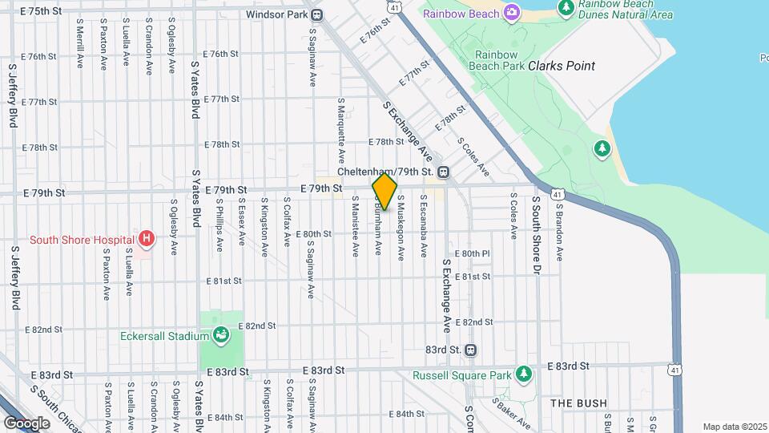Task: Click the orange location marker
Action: (x=385, y=192)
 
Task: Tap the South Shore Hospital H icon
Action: (x=145, y=238)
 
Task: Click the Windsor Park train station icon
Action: (x=317, y=14)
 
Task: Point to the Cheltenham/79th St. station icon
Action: (x=443, y=172)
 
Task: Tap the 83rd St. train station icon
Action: (x=470, y=350)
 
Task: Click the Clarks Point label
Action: (x=562, y=66)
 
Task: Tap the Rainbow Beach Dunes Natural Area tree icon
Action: (x=567, y=7)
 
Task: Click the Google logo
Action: (x=26, y=423)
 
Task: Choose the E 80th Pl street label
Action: (x=472, y=253)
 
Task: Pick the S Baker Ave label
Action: (x=511, y=412)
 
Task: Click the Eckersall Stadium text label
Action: (x=165, y=336)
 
